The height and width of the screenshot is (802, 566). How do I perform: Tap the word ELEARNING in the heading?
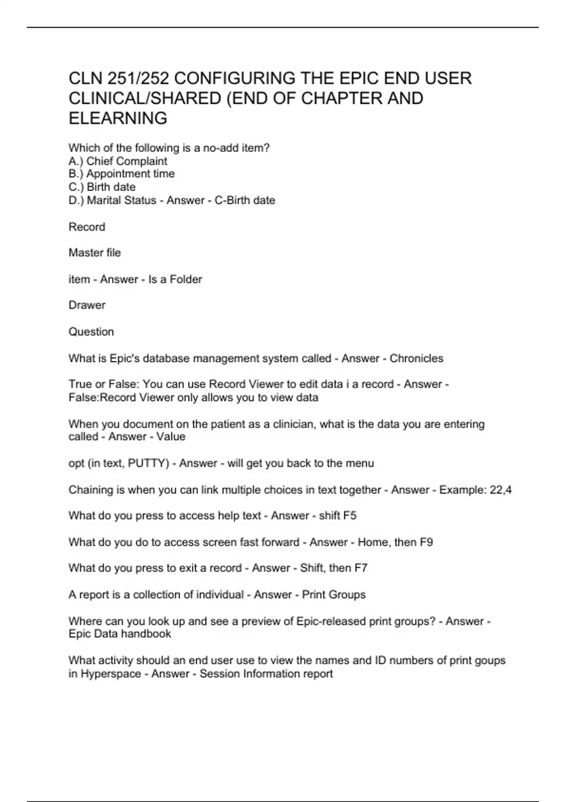[x=118, y=118]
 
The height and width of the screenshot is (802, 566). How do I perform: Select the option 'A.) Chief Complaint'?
[x=118, y=161]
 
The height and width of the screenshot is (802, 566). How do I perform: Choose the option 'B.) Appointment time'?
[x=122, y=174]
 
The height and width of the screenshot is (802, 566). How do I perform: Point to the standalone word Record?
[x=87, y=227]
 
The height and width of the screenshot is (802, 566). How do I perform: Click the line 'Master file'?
[x=95, y=253]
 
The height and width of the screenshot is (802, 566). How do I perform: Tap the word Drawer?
[x=87, y=305]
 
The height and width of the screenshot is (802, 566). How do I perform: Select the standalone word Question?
[x=91, y=332]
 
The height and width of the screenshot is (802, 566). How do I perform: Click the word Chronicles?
[x=416, y=359]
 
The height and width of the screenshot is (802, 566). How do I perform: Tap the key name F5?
[x=350, y=516]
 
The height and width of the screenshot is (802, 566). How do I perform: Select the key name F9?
[x=426, y=542]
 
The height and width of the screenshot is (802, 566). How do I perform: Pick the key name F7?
[x=361, y=568]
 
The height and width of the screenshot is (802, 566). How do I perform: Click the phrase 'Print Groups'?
[x=333, y=594]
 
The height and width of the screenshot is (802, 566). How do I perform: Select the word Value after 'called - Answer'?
[x=171, y=437]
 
